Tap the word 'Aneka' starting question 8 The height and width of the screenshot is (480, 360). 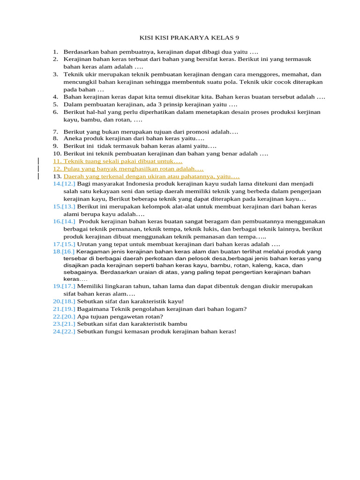(x=72, y=139)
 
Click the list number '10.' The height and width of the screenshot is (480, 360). (x=57, y=153)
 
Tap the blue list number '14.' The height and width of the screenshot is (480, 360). (x=57, y=184)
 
